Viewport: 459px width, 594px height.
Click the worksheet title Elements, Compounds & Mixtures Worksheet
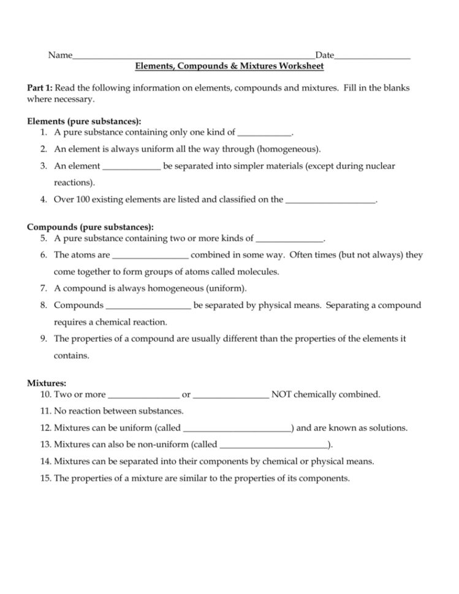(229, 66)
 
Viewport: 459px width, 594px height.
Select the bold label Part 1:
(40, 88)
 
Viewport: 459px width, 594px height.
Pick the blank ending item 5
(289, 238)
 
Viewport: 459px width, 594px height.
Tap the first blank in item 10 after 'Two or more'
(143, 394)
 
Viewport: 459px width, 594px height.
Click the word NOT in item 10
(281, 394)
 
